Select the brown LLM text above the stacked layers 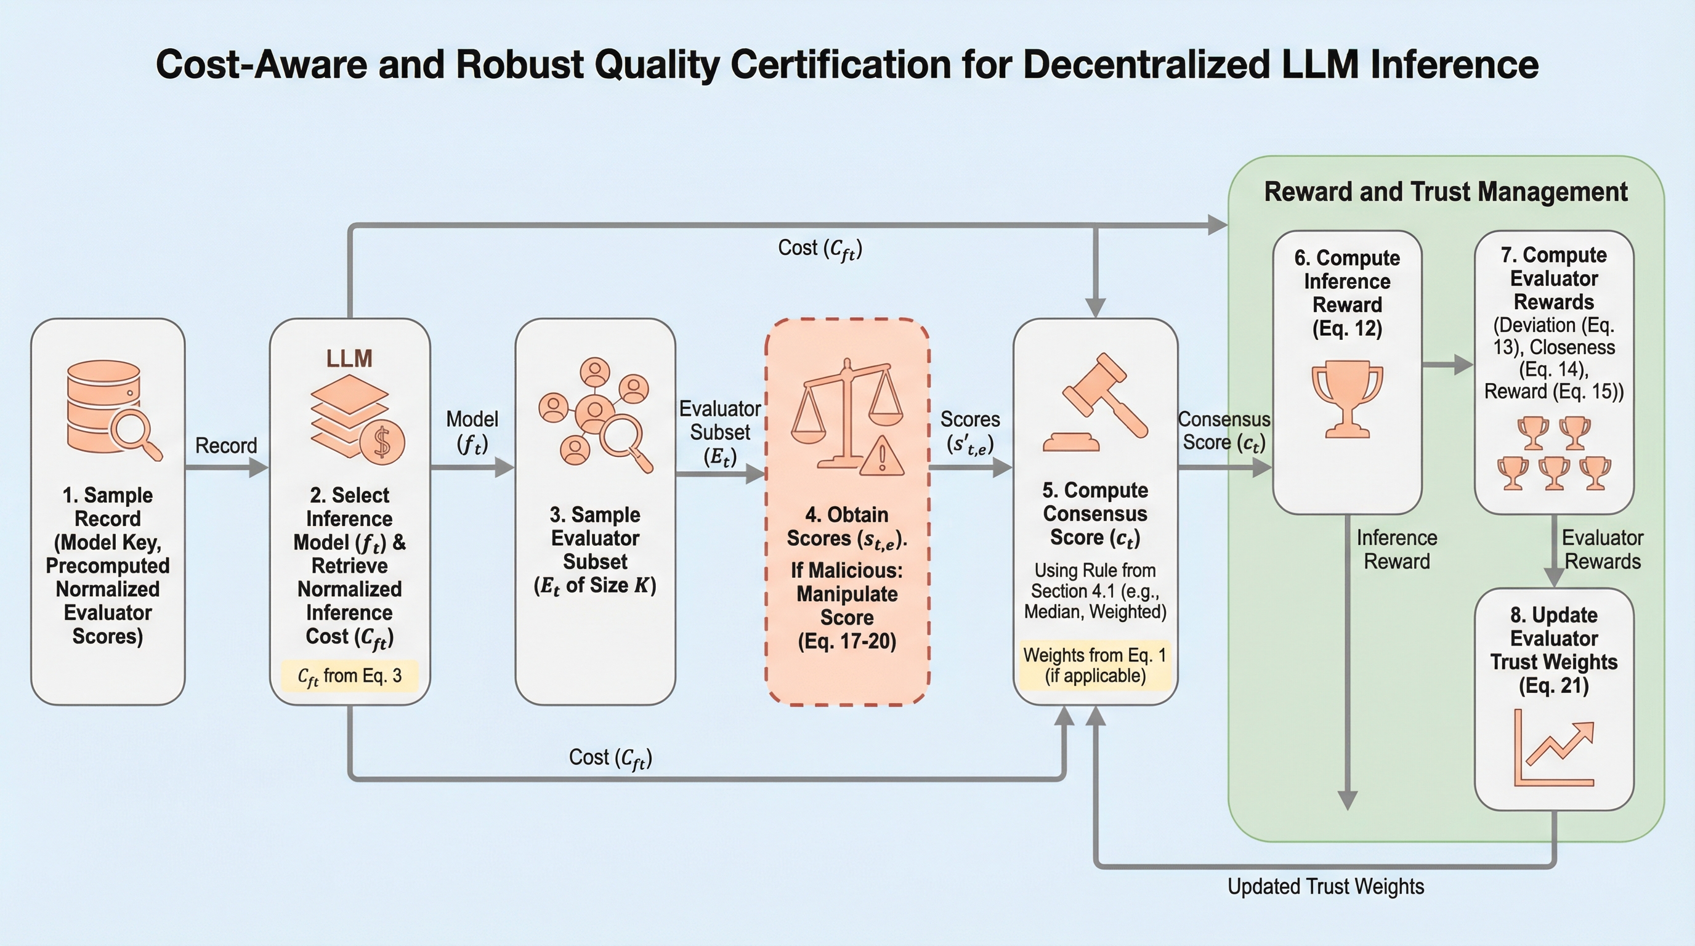point(349,358)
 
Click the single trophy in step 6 point(1347,398)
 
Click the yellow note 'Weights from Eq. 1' point(1095,665)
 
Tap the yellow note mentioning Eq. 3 point(349,676)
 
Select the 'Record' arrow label point(225,445)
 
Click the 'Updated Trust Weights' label point(1325,886)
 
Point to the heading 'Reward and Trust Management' point(1446,192)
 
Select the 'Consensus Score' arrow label point(1223,431)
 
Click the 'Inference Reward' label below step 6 point(1396,549)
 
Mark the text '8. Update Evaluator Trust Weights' point(1553,650)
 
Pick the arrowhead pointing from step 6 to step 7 point(1463,364)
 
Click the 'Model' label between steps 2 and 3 point(472,419)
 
